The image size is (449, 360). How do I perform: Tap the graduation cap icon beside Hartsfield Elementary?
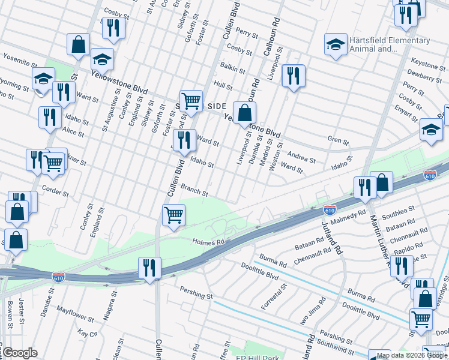click(x=336, y=44)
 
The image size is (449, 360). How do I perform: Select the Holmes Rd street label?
click(x=208, y=242)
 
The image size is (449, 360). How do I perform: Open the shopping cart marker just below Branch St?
click(x=173, y=214)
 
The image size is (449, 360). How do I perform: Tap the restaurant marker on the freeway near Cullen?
click(x=149, y=268)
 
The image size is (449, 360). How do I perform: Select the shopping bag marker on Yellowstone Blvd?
click(x=244, y=112)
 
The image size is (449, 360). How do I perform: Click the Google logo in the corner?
click(x=19, y=353)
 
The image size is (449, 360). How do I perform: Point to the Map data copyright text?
click(x=412, y=355)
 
